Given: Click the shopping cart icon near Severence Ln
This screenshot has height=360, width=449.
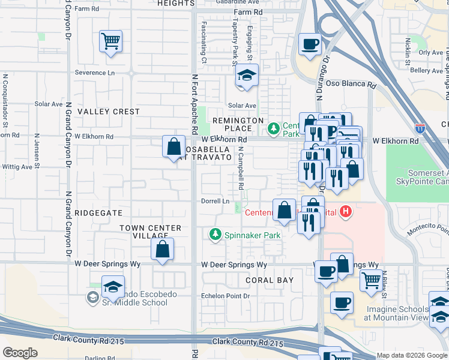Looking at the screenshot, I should click(110, 41).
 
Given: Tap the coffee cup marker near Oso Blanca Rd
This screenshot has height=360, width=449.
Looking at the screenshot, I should click(310, 44).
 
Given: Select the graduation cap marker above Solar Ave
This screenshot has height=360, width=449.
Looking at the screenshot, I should click(246, 76).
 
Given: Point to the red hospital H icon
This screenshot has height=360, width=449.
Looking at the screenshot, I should click(345, 211).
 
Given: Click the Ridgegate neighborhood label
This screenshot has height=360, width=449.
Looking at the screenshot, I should click(100, 213).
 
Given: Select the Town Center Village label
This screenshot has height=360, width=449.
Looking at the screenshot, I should click(150, 232).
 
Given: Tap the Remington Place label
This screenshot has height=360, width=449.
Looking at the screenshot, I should click(239, 124).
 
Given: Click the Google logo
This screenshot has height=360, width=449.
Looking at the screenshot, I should click(20, 353).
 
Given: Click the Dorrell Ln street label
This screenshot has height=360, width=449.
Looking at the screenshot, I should click(215, 201).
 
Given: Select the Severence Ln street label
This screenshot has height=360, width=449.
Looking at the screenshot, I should click(94, 73).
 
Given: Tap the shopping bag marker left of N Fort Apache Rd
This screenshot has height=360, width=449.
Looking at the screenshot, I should click(173, 146).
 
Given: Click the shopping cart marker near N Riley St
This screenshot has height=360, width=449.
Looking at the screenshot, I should click(371, 280).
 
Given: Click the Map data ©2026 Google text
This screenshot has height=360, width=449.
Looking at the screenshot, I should click(411, 355).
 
